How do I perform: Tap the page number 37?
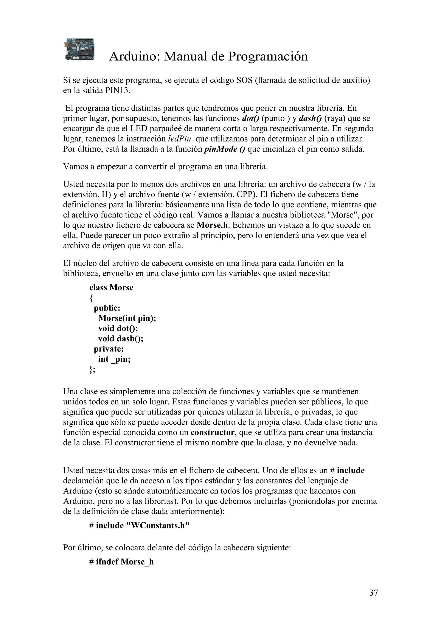pyautogui.click(x=373, y=593)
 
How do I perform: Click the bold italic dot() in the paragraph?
pyautogui.click(x=250, y=118)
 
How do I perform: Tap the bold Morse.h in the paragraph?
pyautogui.click(x=212, y=225)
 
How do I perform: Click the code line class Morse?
pyautogui.click(x=111, y=287)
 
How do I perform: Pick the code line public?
pyautogui.click(x=107, y=308)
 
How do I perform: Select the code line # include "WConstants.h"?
pyautogui.click(x=139, y=526)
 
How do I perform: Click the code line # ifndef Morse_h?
pyautogui.click(x=121, y=562)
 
